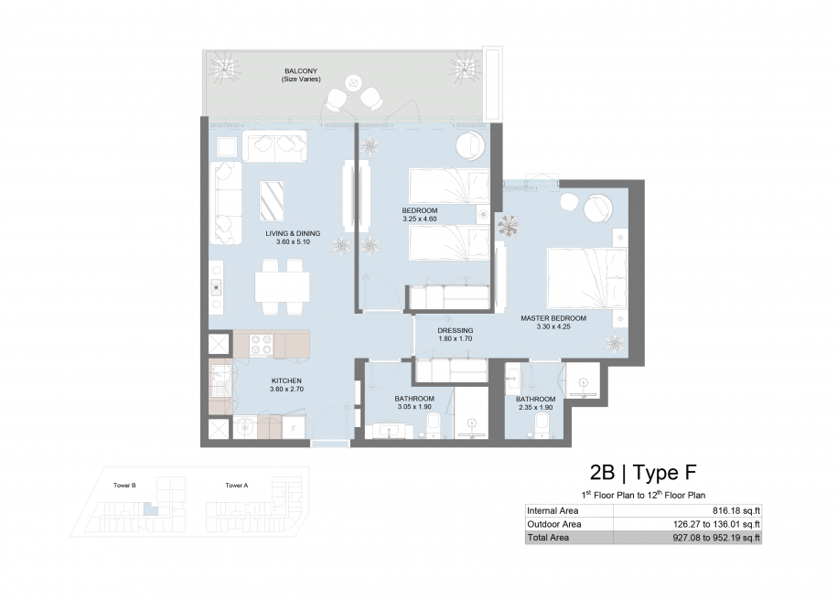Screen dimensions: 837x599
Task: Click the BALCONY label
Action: [x=301, y=70]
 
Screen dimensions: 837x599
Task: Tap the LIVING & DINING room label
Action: [x=293, y=233]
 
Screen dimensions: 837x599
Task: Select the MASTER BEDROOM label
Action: [x=553, y=318]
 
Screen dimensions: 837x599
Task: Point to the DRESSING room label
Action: [x=456, y=330]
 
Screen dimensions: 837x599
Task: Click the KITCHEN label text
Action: [x=286, y=380]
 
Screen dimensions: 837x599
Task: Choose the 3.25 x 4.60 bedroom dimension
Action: [x=420, y=219]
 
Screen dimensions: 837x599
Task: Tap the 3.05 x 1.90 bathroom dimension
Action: [x=414, y=407]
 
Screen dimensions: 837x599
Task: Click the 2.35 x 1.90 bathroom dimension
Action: [x=535, y=407]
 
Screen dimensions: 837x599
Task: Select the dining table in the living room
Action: [x=282, y=286]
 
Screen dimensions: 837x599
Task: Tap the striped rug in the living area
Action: [x=272, y=201]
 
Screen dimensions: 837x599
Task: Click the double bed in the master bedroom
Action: [x=587, y=278]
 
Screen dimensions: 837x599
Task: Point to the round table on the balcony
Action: [x=353, y=82]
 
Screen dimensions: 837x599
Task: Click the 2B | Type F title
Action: [x=643, y=473]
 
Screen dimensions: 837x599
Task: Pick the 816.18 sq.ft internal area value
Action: [x=736, y=511]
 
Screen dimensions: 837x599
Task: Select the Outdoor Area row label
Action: [x=554, y=524]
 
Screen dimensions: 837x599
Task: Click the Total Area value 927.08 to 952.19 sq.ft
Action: [x=716, y=538]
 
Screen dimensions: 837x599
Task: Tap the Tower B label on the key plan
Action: [x=124, y=486]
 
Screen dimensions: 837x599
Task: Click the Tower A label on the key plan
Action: [x=237, y=486]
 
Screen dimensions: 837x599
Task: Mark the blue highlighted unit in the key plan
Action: [x=152, y=508]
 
